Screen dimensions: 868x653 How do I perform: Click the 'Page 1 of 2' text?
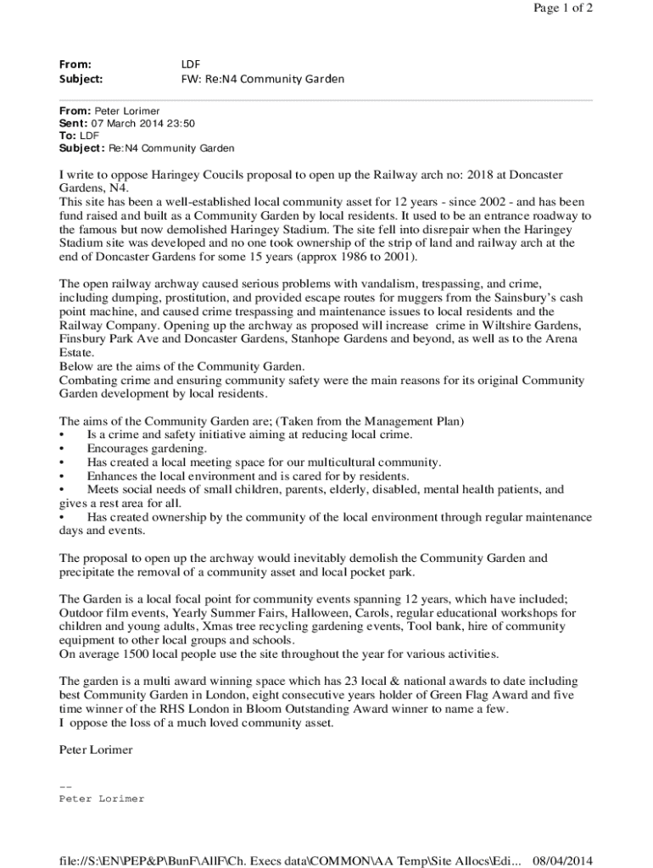(x=562, y=8)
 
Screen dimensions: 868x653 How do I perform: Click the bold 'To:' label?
(x=68, y=136)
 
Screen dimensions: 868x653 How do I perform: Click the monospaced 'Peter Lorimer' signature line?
(x=102, y=798)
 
